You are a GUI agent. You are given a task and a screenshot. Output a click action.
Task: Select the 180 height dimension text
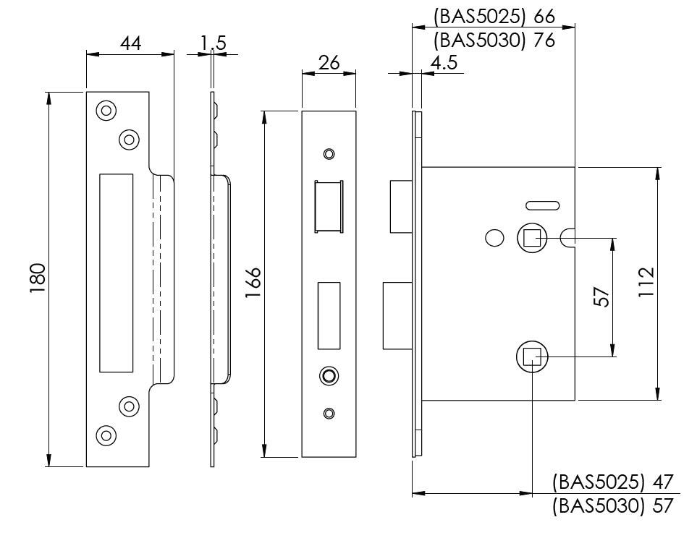[38, 278]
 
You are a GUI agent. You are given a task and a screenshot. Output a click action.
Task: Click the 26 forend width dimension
[329, 63]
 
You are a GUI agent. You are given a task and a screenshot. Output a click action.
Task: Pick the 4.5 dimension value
[443, 63]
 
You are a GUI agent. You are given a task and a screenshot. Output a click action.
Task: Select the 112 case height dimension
[646, 283]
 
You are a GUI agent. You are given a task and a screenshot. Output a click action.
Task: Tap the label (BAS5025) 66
[494, 16]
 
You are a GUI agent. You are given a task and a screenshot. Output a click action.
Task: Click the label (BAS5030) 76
[494, 40]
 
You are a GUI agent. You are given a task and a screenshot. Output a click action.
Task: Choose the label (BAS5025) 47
[612, 482]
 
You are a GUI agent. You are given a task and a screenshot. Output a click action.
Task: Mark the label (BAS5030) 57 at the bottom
[612, 506]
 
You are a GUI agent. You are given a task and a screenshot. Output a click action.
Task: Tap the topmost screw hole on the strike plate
[106, 111]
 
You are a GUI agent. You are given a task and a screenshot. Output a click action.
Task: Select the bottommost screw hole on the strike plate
[106, 435]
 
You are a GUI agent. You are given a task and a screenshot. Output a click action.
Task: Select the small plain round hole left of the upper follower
[494, 238]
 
